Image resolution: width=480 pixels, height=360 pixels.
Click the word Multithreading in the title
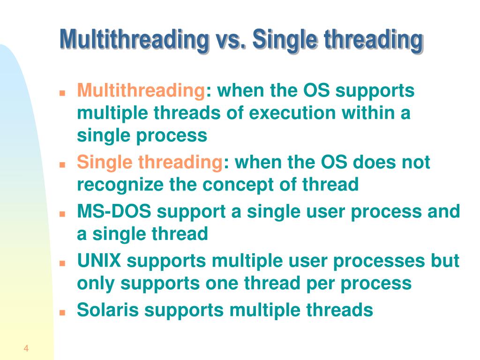tap(134, 39)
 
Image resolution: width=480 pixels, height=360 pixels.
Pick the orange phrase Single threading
tap(150, 163)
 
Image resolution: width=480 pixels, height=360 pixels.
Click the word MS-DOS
tap(114, 211)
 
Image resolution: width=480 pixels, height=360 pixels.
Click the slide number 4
tap(26, 348)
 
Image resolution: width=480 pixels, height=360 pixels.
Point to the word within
tap(367, 113)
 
